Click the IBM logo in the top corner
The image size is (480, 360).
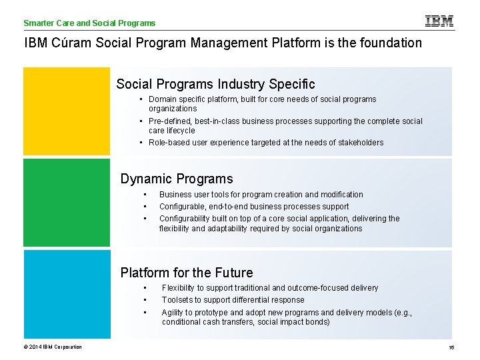click(439, 21)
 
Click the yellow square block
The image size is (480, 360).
click(67, 111)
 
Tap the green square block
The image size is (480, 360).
click(67, 203)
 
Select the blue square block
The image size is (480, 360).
click(67, 294)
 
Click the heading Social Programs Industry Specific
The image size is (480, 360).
click(215, 85)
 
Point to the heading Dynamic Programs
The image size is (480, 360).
click(177, 179)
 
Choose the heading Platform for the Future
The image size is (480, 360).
click(187, 273)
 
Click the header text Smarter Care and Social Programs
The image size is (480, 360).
click(89, 23)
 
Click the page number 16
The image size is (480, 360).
click(451, 347)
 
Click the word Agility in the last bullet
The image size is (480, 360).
click(173, 313)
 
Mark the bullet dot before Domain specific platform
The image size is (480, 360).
click(143, 99)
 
